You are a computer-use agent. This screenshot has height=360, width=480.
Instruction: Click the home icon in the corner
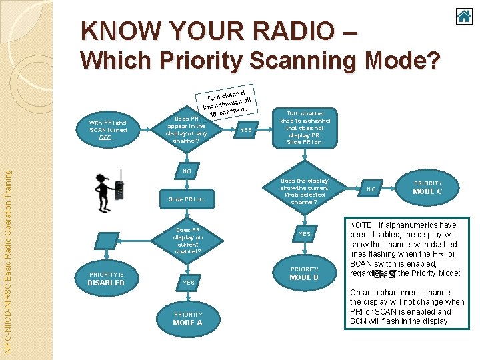(x=464, y=16)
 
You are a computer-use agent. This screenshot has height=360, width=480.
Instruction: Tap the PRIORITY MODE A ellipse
(x=188, y=319)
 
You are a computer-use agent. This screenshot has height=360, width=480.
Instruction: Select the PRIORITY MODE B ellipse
(x=304, y=273)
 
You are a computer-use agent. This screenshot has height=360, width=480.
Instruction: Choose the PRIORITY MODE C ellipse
(x=428, y=187)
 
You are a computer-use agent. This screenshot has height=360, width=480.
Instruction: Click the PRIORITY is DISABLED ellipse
(x=106, y=279)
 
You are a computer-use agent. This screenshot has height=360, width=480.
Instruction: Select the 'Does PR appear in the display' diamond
(x=187, y=129)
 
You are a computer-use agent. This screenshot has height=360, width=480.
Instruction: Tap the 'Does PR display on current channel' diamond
(x=187, y=241)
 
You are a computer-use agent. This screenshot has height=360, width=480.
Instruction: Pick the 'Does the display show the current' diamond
(x=304, y=191)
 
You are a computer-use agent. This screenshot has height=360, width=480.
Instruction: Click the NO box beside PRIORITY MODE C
(x=372, y=189)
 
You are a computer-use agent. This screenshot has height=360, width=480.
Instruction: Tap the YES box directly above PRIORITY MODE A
(x=189, y=282)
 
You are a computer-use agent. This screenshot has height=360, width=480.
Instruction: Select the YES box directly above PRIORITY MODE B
(x=304, y=233)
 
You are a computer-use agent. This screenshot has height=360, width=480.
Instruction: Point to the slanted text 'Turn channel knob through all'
(x=227, y=99)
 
